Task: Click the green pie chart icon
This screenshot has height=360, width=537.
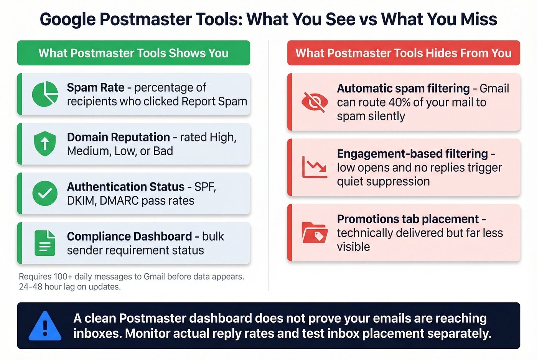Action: coord(45,94)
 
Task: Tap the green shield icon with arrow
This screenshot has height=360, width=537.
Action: coord(45,143)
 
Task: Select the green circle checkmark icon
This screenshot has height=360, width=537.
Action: coord(45,193)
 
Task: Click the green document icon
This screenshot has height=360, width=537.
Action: coord(45,243)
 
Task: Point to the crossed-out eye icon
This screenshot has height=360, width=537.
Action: coord(315,102)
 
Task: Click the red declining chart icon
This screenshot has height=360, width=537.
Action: coord(315,167)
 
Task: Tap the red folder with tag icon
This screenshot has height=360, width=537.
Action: coord(315,233)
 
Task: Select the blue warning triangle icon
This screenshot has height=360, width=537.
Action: coord(45,326)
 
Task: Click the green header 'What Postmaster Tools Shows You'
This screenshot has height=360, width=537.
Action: coord(133,53)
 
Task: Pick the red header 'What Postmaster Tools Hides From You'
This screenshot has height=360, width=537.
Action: coord(404,53)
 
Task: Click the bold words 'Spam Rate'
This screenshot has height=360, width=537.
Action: coord(96,87)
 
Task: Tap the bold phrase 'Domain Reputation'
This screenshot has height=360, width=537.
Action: coord(118,137)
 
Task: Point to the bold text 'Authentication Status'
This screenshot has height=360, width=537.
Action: coord(125,187)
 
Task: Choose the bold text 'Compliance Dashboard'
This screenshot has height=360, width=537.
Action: coord(129,236)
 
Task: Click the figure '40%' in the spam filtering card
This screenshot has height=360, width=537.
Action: coord(400,102)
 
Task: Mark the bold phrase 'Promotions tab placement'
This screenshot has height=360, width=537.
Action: coord(408,219)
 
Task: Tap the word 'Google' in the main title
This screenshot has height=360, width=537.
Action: coord(67,19)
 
